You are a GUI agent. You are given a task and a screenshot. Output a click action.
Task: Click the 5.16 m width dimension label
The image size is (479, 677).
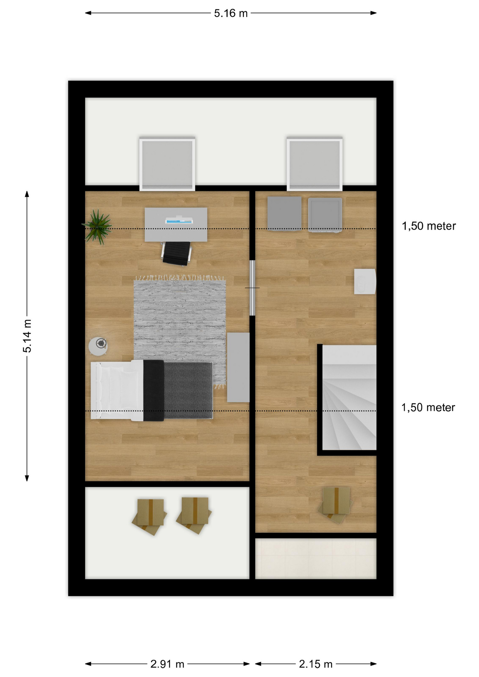click(x=231, y=13)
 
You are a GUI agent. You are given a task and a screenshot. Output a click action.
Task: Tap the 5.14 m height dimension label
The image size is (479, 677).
click(x=27, y=336)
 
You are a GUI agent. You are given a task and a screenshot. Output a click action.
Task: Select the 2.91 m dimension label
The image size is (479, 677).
click(x=167, y=664)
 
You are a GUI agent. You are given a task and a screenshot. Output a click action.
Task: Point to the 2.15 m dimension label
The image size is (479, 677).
click(x=316, y=664)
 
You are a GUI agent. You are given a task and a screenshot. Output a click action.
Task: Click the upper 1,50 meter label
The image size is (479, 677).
click(x=429, y=226)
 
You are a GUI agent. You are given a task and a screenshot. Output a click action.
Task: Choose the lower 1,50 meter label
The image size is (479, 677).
click(x=428, y=408)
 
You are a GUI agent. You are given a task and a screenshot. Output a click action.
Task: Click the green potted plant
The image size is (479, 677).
click(x=97, y=227)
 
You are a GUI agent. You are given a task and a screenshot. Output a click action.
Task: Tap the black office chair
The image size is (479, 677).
click(x=176, y=253)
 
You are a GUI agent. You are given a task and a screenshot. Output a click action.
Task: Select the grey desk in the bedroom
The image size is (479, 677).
click(x=176, y=225)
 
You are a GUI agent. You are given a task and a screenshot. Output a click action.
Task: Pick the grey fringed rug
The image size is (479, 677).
click(x=180, y=331)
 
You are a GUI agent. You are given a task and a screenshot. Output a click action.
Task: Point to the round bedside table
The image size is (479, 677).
click(x=98, y=346)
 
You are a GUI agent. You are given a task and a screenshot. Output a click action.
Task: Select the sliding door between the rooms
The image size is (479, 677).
click(x=252, y=288)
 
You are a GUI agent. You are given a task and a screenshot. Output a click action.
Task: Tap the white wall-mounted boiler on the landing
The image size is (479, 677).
click(x=365, y=281)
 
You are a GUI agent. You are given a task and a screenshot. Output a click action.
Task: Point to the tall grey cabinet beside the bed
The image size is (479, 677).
click(x=238, y=367)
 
